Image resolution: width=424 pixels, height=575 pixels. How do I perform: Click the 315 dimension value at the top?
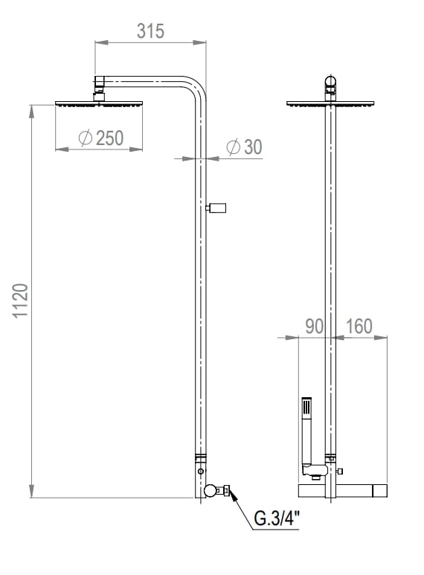[x=150, y=31]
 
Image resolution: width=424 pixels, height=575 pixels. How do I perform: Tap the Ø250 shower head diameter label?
[x=100, y=138]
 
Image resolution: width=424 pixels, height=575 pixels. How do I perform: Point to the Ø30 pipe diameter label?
[x=244, y=147]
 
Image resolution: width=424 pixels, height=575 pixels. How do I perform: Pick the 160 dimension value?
[x=359, y=326]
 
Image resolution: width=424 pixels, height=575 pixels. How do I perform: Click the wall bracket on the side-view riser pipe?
[x=218, y=208]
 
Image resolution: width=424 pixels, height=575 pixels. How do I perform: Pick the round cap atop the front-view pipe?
[x=330, y=81]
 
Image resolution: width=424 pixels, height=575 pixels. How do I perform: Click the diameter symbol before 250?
[x=84, y=138]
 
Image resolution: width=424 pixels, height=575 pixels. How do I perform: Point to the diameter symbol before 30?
[x=232, y=147]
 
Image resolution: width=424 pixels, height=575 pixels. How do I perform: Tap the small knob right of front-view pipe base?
[x=341, y=472]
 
